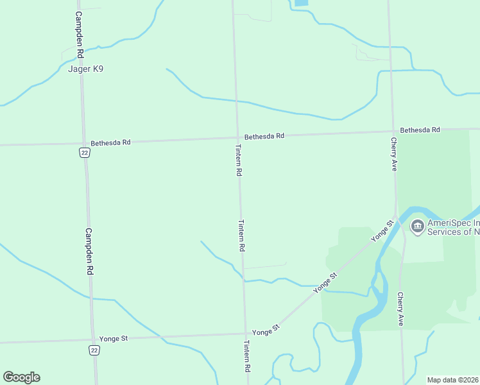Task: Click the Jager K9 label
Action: [85, 69]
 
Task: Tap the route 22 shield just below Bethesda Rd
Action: [84, 152]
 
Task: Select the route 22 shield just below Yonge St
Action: [94, 350]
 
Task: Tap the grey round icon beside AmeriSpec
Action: [418, 226]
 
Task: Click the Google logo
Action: [21, 377]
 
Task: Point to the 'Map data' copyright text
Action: [453, 380]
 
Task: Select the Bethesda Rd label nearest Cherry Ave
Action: [420, 130]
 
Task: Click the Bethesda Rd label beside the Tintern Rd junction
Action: [264, 136]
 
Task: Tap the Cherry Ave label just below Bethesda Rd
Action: [394, 154]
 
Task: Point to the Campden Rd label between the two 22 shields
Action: [90, 252]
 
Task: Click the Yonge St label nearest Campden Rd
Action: [114, 338]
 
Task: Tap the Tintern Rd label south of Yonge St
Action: [246, 357]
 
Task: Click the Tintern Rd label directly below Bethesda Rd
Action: [238, 160]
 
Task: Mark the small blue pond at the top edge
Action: [300, 3]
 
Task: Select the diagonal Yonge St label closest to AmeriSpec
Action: [382, 230]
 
